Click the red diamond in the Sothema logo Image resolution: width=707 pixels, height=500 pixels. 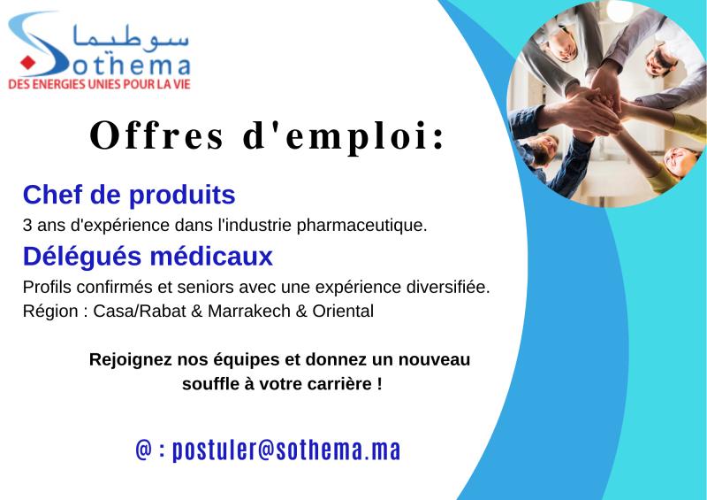tap(27, 62)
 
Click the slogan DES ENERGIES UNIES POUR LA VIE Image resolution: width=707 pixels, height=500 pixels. tap(99, 84)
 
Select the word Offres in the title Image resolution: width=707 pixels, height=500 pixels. tap(156, 135)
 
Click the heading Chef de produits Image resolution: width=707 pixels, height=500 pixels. tap(129, 195)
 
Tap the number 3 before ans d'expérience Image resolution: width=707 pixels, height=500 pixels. tap(27, 225)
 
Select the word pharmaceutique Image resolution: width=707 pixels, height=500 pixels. tap(361, 226)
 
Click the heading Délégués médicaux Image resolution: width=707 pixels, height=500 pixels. tap(148, 256)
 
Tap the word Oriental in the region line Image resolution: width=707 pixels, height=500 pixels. tap(343, 312)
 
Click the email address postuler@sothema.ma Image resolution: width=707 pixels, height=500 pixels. tap(286, 450)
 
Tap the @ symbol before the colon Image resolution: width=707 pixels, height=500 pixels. tap(144, 450)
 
